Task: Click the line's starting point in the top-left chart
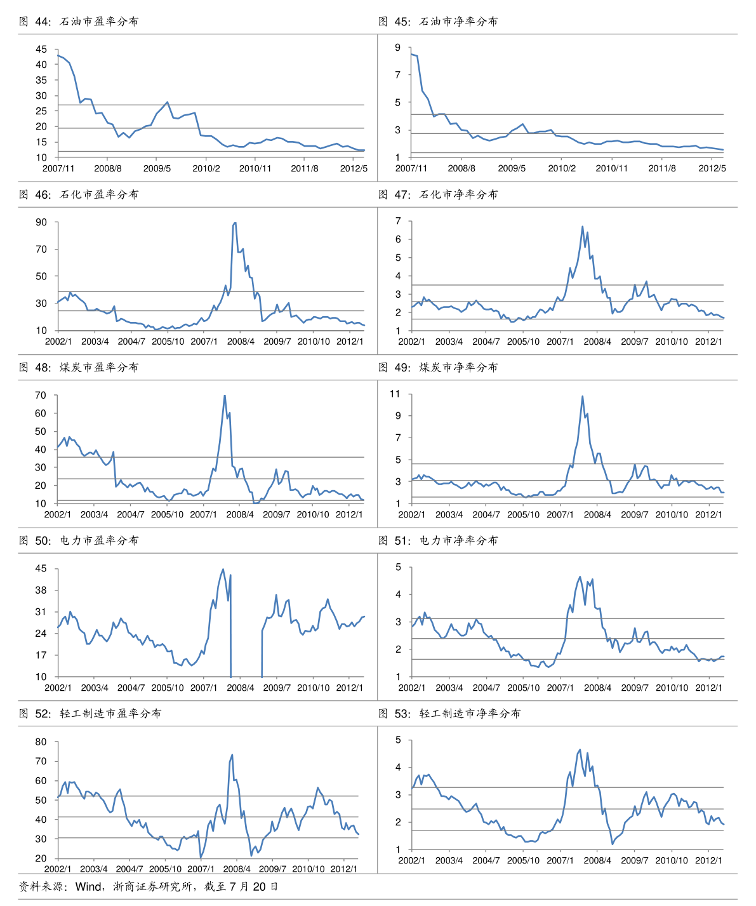(x=58, y=55)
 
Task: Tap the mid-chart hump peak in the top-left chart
(x=168, y=102)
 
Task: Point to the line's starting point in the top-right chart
(x=412, y=54)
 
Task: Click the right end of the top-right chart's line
(x=723, y=150)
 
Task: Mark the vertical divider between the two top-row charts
(x=378, y=108)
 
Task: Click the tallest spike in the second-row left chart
(x=235, y=222)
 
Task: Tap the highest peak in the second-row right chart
(x=582, y=227)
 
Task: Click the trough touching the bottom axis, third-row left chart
(x=255, y=503)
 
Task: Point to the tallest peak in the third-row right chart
(x=582, y=396)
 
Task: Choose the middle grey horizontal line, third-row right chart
(x=568, y=481)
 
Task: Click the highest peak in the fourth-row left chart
(x=223, y=569)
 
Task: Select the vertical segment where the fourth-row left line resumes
(x=262, y=654)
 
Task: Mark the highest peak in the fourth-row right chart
(x=580, y=576)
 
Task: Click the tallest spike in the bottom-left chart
(x=232, y=755)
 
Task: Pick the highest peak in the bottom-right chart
(x=580, y=750)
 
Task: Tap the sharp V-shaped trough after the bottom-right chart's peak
(x=613, y=844)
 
